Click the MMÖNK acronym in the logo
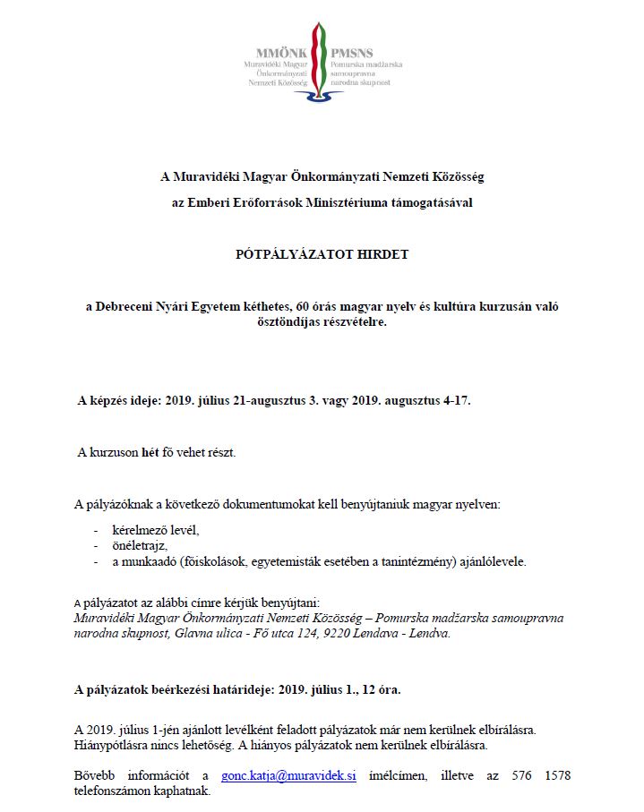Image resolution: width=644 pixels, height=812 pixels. pyautogui.click(x=284, y=54)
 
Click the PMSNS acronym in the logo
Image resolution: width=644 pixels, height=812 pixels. pyautogui.click(x=352, y=54)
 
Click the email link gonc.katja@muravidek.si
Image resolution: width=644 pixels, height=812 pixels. pyautogui.click(x=288, y=775)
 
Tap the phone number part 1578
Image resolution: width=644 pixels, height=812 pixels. pyautogui.click(x=554, y=775)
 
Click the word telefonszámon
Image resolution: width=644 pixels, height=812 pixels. pyautogui.click(x=110, y=791)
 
